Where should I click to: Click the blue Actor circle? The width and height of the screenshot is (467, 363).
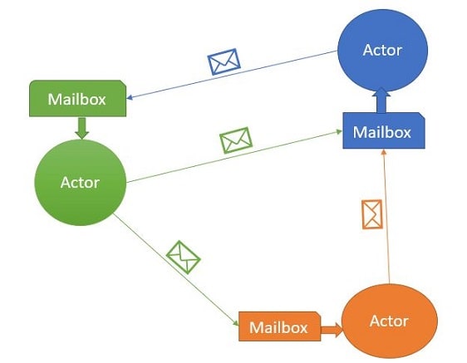(383, 51)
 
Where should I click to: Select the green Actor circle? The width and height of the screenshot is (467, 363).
(81, 182)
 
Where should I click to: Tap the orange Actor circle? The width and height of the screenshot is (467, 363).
(390, 321)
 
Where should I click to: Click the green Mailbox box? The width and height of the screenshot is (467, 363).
(78, 98)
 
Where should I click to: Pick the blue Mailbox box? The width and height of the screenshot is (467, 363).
(384, 130)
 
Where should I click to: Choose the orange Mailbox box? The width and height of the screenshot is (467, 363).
(280, 326)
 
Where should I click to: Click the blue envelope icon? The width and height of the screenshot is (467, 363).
(224, 61)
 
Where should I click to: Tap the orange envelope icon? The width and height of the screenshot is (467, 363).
(372, 214)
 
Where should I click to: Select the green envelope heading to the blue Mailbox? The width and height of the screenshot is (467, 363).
(236, 140)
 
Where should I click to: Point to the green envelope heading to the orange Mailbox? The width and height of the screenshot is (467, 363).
(183, 258)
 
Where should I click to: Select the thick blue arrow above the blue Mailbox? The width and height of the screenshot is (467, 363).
(381, 101)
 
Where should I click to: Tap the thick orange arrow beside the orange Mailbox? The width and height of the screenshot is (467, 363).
(332, 330)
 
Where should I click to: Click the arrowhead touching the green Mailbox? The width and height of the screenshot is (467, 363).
(130, 97)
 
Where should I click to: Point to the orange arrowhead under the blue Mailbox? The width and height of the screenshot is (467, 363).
(384, 152)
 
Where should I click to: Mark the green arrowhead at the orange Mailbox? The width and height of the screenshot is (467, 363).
(236, 323)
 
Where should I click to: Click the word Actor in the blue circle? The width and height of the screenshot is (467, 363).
(382, 50)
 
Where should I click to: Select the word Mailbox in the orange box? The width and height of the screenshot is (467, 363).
(278, 327)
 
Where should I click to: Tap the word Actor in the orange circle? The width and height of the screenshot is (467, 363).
(389, 321)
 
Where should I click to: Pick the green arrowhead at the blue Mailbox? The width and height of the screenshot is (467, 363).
(339, 131)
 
